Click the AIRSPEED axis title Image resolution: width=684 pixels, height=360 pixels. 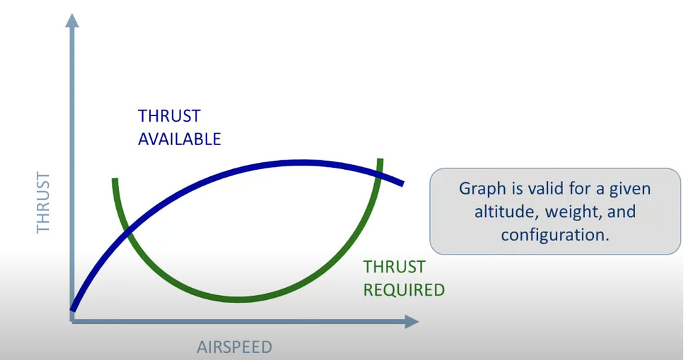coord(234,347)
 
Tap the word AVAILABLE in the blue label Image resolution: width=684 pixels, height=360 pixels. coord(179,139)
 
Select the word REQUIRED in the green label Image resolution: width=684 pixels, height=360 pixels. coord(403,289)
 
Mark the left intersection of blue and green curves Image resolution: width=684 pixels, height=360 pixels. coord(127,230)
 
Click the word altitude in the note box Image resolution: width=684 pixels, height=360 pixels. coord(504,212)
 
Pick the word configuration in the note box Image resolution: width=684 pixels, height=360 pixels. coord(552,234)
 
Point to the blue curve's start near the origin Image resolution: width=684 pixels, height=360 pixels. coord(73,309)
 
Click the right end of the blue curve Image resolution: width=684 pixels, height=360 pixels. coord(401,182)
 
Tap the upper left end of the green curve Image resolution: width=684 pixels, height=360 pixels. coord(115,180)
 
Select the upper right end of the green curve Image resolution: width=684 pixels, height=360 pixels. coord(380,161)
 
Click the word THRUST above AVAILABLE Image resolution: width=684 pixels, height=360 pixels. coord(169,116)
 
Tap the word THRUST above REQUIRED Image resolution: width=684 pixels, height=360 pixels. coord(394,267)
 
